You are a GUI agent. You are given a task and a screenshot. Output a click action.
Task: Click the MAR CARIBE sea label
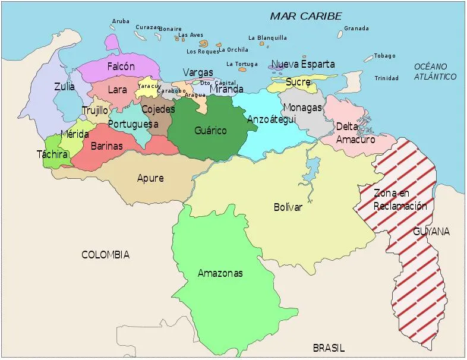pos(306,16)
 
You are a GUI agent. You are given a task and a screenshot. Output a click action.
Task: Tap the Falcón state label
pos(121,67)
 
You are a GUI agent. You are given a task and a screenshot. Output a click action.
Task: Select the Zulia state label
pos(64,86)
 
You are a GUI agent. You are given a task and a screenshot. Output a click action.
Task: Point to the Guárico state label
pos(210,130)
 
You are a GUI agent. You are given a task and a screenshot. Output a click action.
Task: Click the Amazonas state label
pos(220,273)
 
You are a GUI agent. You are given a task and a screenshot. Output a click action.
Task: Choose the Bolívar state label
pos(288,207)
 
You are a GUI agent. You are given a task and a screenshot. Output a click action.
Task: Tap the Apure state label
pos(150,178)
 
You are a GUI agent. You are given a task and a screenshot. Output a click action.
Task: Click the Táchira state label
pos(52,154)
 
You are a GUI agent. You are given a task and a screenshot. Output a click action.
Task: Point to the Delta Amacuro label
pos(355,133)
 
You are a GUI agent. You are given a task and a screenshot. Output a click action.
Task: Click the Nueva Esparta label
pos(303,64)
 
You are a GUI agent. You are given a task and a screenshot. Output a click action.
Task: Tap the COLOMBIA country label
pos(105,255)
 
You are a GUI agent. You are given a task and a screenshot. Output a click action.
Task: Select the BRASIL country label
pos(329,349)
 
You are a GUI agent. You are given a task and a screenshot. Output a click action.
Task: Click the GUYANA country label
pos(431,231)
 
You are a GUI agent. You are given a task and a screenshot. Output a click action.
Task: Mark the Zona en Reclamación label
pos(400,200)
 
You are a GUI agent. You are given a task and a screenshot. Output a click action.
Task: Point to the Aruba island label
pos(121,21)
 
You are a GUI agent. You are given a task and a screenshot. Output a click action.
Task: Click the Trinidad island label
pos(386,78)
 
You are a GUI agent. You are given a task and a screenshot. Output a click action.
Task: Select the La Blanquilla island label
pos(267,38)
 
